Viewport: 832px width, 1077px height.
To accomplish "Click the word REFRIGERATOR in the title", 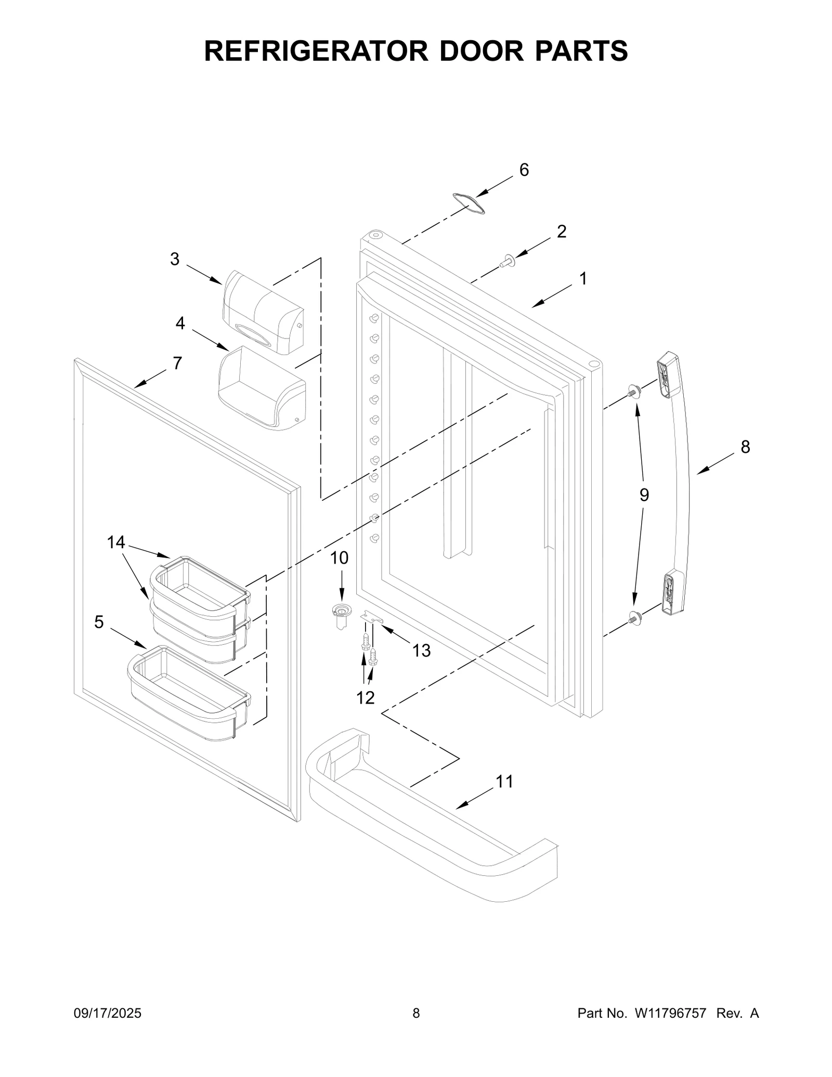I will (317, 51).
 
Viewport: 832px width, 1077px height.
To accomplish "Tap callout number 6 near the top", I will (524, 170).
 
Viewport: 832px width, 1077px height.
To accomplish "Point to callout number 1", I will (583, 279).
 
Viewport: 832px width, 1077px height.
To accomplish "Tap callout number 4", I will (180, 323).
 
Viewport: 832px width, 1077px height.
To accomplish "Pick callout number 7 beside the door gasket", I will (177, 364).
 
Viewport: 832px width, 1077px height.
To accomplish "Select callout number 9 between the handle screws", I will (644, 495).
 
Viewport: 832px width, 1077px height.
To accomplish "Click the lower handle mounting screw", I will (633, 617).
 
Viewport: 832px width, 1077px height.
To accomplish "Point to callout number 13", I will (421, 650).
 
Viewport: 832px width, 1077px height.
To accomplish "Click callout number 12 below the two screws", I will (366, 697).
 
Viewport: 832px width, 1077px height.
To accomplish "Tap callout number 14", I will (116, 542).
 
